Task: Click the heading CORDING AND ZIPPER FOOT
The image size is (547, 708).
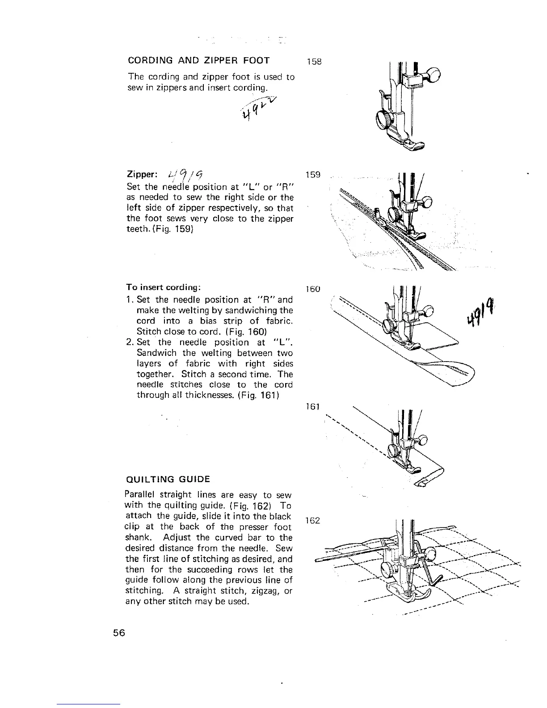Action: pos(198,60)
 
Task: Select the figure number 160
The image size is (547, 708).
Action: pos(313,289)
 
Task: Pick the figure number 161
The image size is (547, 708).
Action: pos(313,407)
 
